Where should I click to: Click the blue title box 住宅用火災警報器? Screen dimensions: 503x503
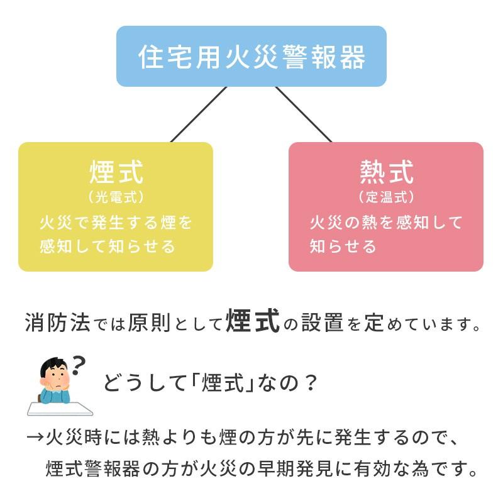(251, 56)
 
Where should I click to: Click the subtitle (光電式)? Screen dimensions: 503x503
(116, 197)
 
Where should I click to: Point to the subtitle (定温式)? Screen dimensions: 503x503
(387, 197)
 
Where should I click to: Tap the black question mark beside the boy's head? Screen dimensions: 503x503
(78, 363)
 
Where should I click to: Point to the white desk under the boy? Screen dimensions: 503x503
(60, 409)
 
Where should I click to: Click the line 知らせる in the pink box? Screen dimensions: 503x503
(343, 246)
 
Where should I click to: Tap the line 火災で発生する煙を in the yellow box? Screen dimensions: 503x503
(116, 223)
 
